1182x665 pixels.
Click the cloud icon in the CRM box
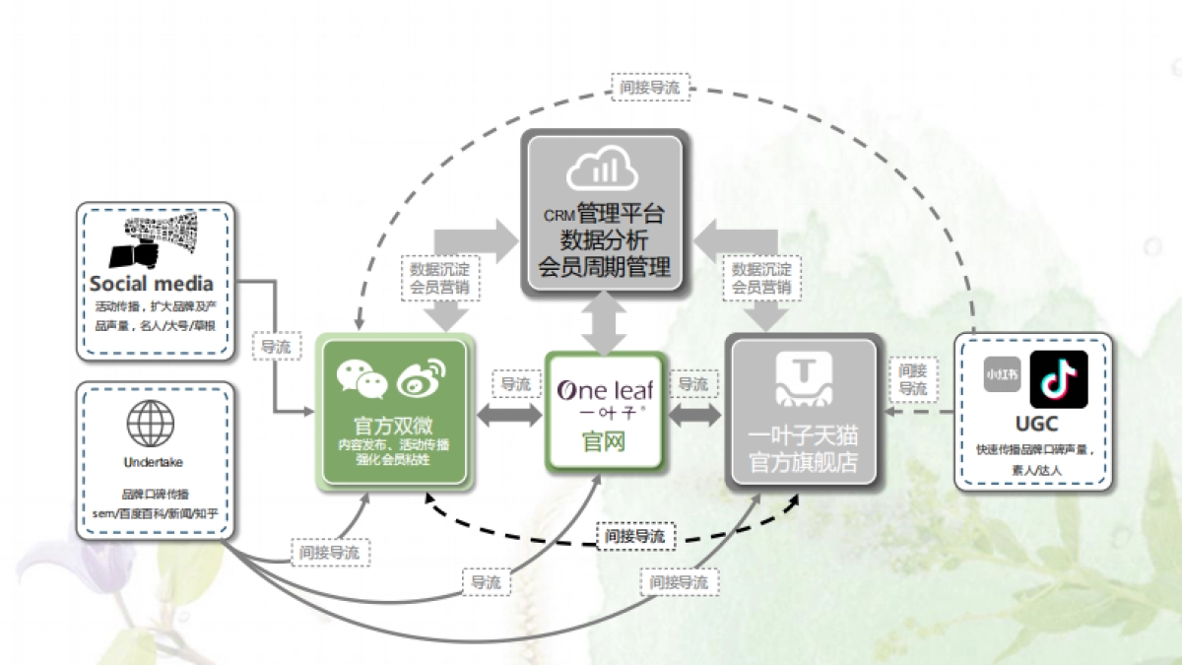point(602,170)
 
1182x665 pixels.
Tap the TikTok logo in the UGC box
point(1058,379)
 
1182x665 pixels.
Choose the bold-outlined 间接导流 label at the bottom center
point(635,536)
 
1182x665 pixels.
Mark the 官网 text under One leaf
point(603,441)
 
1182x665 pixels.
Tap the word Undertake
point(153,461)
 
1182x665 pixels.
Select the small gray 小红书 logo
point(1003,375)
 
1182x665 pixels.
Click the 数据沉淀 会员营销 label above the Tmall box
point(761,278)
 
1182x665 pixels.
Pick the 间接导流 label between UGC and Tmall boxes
point(913,379)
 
